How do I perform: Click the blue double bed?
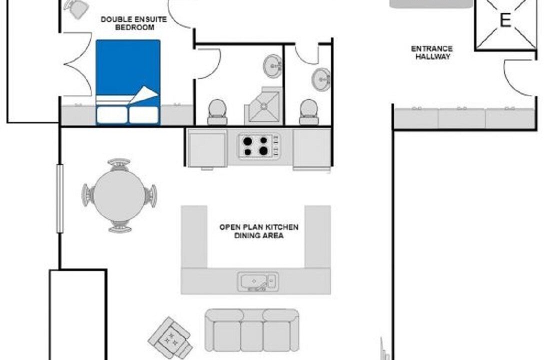[x=128, y=82]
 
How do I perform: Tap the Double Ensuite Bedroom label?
[x=133, y=23]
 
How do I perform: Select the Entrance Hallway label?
[x=432, y=52]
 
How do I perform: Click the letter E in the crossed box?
[x=505, y=20]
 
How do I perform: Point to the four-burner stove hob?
[x=259, y=146]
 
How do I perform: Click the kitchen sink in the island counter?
[x=257, y=281]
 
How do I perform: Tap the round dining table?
[x=119, y=195]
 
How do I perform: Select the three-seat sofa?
[x=252, y=330]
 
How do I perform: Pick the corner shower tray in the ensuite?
[x=263, y=105]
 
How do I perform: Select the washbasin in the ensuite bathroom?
[x=272, y=66]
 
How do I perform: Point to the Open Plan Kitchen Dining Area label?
[x=259, y=231]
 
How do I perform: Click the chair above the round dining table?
[x=119, y=164]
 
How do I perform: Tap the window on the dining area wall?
[x=60, y=198]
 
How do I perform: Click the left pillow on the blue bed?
[x=112, y=115]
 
